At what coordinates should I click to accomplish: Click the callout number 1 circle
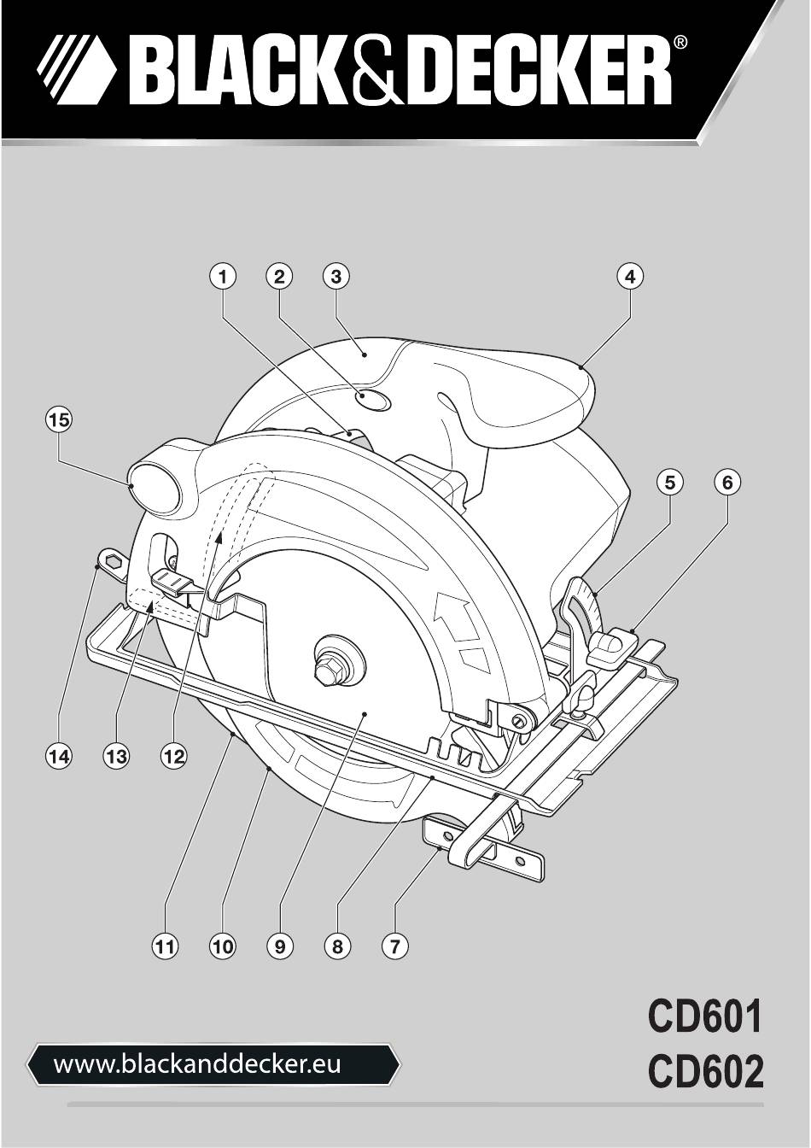pos(222,277)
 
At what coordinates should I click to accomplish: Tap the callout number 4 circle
pos(630,277)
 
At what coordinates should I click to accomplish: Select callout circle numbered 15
pos(58,420)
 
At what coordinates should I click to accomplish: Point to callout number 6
pos(727,483)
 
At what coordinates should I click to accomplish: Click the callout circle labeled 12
pos(173,756)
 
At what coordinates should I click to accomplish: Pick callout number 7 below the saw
pos(394,946)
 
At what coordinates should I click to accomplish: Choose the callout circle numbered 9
pos(280,946)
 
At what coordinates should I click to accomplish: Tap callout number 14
pos(58,756)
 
